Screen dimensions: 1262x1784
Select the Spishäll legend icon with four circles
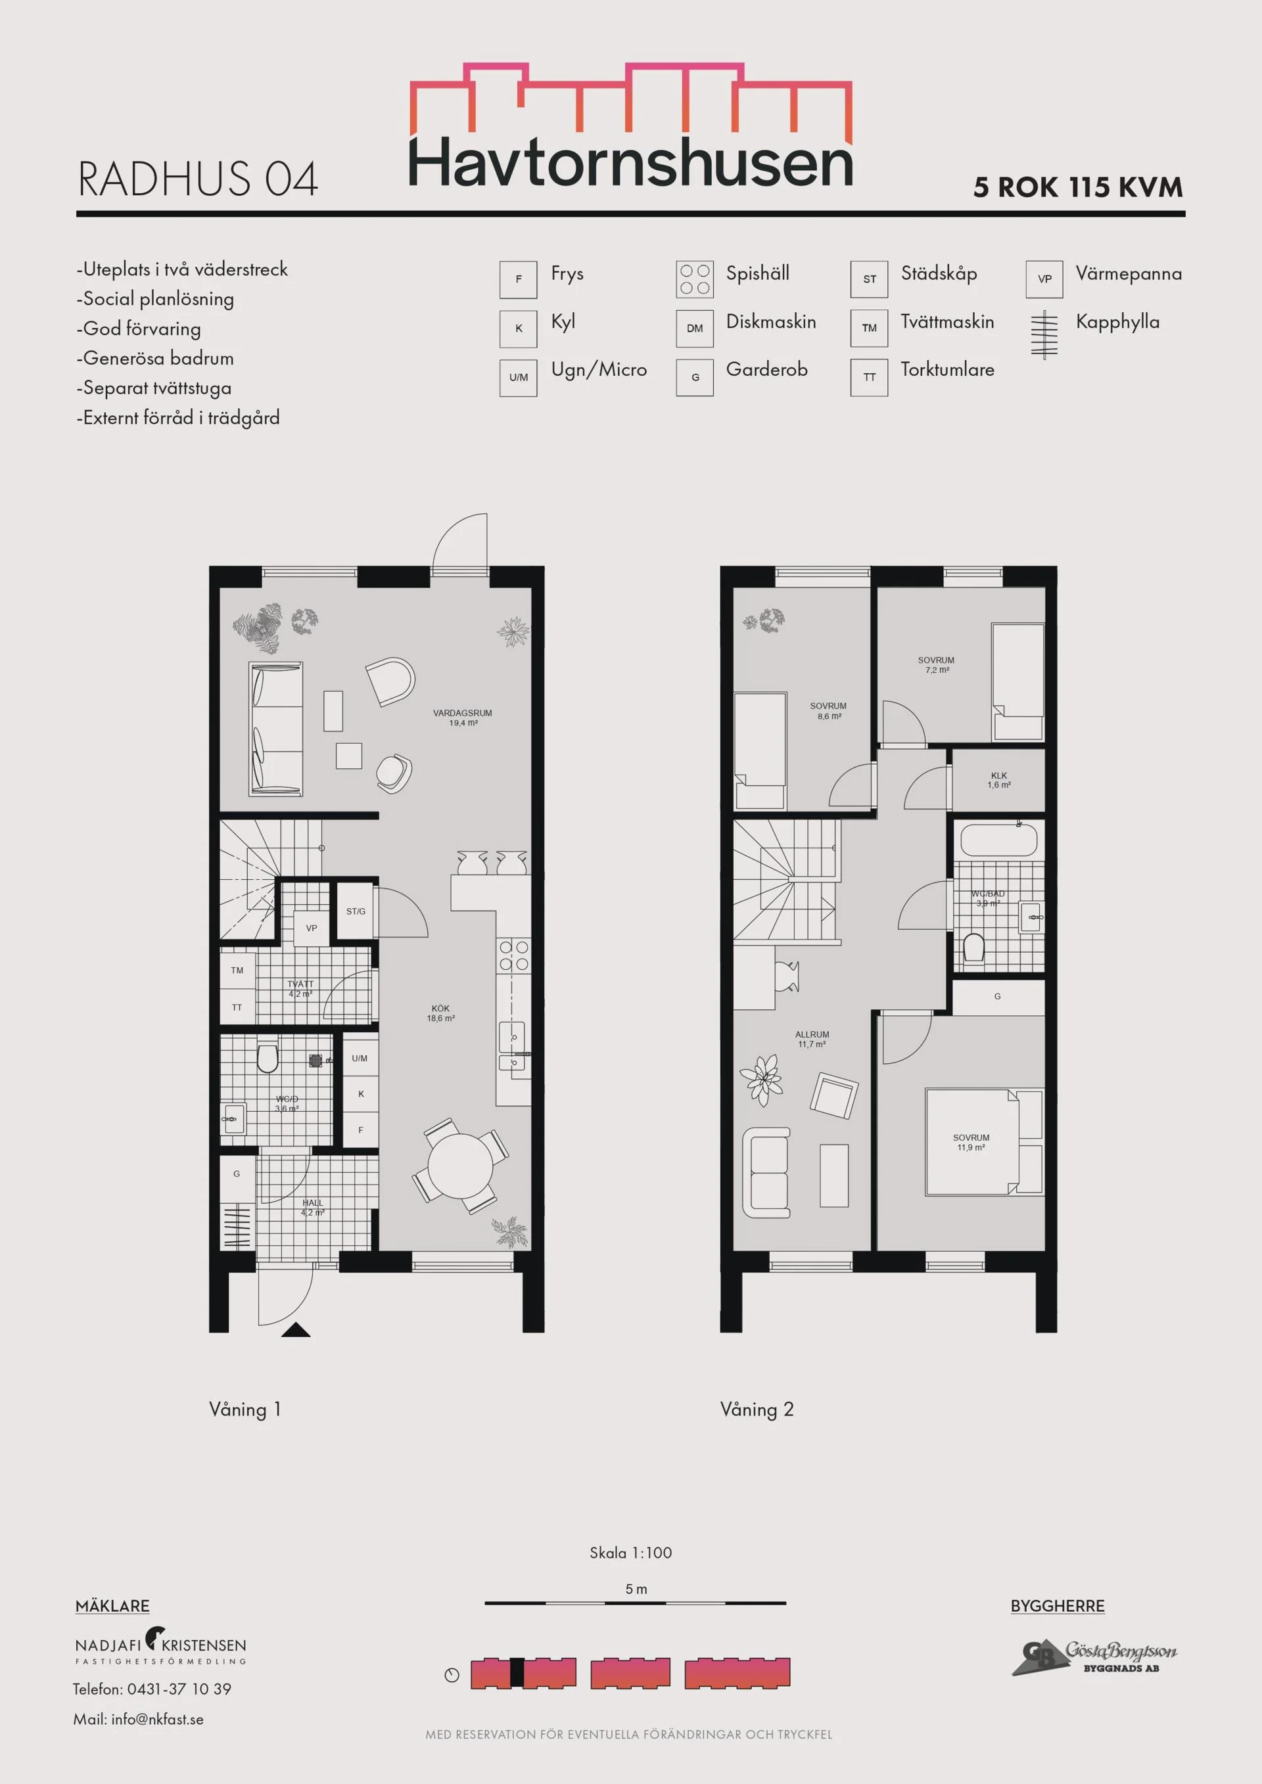(x=694, y=280)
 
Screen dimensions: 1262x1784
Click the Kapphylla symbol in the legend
(x=1044, y=334)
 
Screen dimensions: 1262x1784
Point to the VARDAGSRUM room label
(x=462, y=717)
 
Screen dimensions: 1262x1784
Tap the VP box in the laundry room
(x=312, y=928)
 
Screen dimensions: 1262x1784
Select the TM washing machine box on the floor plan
(x=237, y=970)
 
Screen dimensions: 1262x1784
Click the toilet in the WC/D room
(x=268, y=1057)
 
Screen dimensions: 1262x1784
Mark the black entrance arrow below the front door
(x=295, y=1329)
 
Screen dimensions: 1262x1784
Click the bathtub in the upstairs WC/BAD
(x=998, y=840)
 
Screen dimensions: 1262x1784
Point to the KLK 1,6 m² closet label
(x=998, y=780)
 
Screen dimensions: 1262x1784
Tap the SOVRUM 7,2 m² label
(x=937, y=665)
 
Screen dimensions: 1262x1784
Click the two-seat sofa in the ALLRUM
(x=767, y=1172)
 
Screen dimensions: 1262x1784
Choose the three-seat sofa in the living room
(x=276, y=729)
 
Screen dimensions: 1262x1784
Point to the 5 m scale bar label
(x=636, y=1589)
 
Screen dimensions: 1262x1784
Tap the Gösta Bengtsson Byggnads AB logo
(x=1094, y=1657)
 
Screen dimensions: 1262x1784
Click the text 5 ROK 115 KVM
(x=1079, y=187)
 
